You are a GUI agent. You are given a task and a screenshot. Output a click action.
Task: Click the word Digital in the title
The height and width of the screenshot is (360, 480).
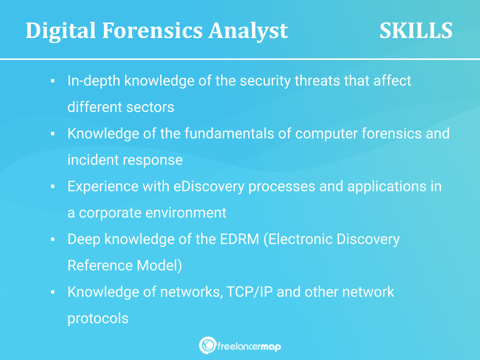(x=60, y=31)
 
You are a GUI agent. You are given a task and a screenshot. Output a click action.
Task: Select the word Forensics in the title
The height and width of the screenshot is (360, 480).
(x=152, y=30)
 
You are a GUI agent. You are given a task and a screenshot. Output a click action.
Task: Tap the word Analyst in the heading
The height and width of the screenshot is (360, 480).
(x=248, y=31)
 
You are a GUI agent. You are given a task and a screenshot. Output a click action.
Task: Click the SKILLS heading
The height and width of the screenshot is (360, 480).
(x=415, y=30)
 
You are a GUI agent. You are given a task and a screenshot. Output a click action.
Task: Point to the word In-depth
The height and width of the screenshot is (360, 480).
(x=93, y=81)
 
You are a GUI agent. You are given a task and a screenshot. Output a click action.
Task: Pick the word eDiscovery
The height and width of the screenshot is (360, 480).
(x=209, y=186)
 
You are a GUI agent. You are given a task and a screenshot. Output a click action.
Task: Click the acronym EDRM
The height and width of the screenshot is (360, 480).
(x=239, y=239)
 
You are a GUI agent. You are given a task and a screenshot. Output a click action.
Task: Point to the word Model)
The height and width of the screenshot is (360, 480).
(x=159, y=265)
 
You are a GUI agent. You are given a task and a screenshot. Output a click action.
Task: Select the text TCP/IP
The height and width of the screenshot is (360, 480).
(x=249, y=291)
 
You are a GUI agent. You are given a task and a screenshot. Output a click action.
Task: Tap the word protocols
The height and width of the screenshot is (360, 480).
(x=98, y=318)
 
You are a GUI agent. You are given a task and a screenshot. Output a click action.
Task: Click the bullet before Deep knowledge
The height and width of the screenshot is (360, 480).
(x=52, y=239)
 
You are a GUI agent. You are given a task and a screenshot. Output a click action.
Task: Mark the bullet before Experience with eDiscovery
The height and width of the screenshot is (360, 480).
(x=52, y=186)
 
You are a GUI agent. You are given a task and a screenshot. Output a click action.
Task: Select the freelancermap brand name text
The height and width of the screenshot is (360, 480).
(x=249, y=347)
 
